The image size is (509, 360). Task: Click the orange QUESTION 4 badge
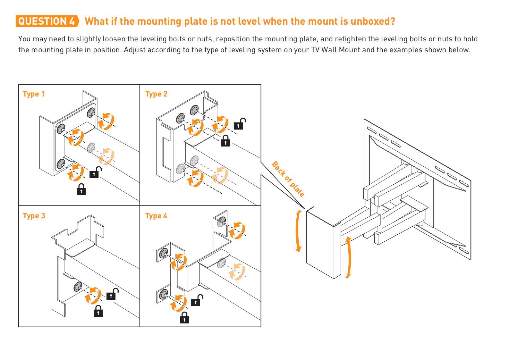[47, 21]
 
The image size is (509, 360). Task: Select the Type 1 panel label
[34, 94]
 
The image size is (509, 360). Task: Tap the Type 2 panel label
[156, 94]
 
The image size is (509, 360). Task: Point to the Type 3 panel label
[34, 216]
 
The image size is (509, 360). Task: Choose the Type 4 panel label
[156, 216]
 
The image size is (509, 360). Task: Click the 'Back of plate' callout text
[288, 179]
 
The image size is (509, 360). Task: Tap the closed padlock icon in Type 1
[81, 189]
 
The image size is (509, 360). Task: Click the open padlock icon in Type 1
[96, 172]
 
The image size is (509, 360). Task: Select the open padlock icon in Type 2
[240, 124]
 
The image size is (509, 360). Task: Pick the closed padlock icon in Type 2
[225, 141]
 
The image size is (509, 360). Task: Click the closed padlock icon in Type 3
[98, 311]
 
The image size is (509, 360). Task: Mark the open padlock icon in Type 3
[113, 294]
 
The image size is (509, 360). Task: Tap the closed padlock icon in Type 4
[184, 318]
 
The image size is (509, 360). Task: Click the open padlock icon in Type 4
[197, 300]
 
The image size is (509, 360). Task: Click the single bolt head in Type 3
[78, 287]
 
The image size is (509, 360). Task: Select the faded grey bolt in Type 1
[91, 148]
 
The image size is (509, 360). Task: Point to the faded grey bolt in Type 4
[221, 263]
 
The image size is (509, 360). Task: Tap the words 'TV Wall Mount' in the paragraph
[335, 50]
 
